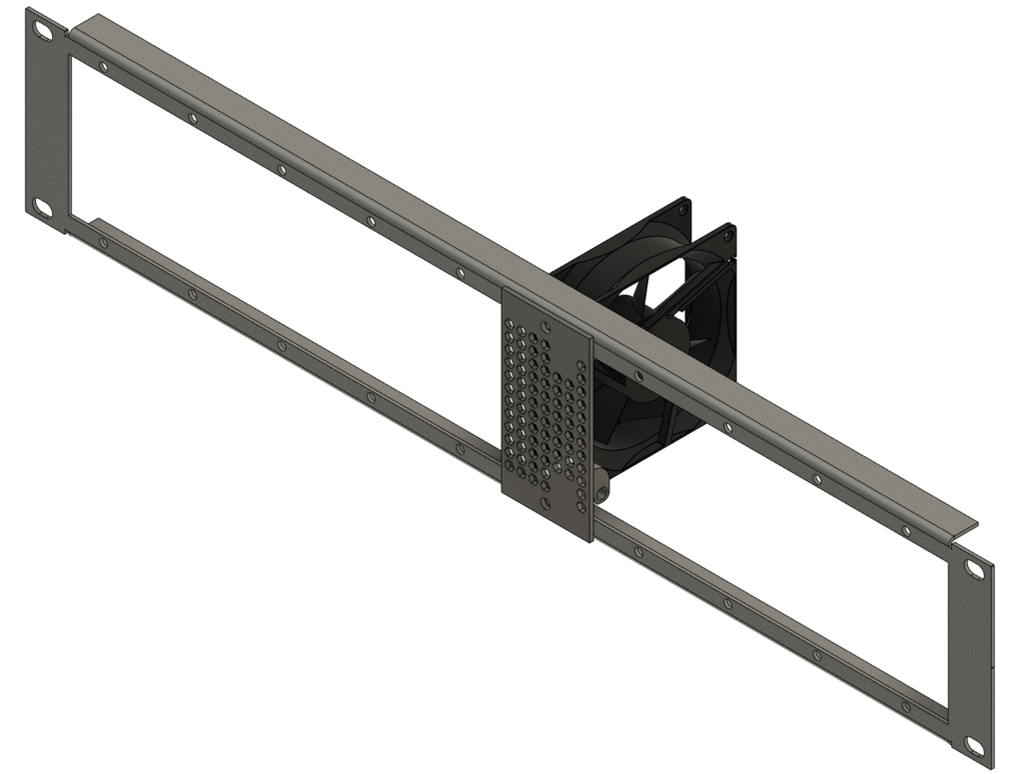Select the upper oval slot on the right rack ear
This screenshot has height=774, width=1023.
[x=974, y=569]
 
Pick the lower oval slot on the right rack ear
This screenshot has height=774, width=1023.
[x=974, y=744]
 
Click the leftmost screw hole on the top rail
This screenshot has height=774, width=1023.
[x=104, y=67]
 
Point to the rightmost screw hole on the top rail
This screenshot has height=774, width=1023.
[x=906, y=530]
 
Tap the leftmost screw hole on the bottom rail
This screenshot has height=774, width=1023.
[x=103, y=242]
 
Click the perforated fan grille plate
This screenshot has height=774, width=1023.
[x=546, y=410]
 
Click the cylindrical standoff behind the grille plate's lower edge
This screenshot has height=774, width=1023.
[x=600, y=493]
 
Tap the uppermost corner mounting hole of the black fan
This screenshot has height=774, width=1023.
[x=683, y=205]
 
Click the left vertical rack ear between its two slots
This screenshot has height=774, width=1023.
[x=46, y=120]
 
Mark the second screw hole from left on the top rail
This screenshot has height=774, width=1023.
[x=193, y=118]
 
